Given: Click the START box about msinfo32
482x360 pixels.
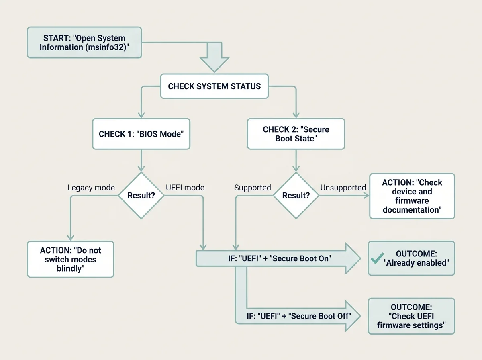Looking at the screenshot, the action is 84,43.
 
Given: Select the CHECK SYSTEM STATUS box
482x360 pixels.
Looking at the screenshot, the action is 214,86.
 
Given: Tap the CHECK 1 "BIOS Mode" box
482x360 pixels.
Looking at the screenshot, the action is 141,134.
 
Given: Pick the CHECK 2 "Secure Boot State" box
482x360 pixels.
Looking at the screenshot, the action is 296,134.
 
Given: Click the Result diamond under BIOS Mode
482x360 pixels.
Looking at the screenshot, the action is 141,195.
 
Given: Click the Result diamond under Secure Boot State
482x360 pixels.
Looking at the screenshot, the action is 296,195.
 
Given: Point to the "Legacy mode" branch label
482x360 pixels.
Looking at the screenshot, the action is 91,188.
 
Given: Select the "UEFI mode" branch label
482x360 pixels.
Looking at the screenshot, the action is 185,188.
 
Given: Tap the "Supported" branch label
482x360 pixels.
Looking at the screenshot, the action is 253,188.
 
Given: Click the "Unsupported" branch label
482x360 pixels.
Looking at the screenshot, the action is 343,188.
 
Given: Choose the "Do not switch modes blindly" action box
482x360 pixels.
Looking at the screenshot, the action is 70,260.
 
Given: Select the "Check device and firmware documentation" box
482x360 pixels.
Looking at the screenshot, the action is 412,196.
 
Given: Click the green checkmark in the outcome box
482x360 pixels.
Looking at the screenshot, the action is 377,258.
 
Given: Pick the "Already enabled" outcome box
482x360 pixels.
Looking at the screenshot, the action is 411,258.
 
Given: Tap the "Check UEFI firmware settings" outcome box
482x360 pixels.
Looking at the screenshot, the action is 411,316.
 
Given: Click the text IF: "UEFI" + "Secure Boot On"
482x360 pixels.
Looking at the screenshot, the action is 280,258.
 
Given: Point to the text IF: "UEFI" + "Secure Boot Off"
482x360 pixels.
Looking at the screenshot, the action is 299,316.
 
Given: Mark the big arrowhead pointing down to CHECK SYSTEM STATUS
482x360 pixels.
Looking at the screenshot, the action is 214,65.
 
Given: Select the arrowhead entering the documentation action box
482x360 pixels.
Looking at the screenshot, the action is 366,196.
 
